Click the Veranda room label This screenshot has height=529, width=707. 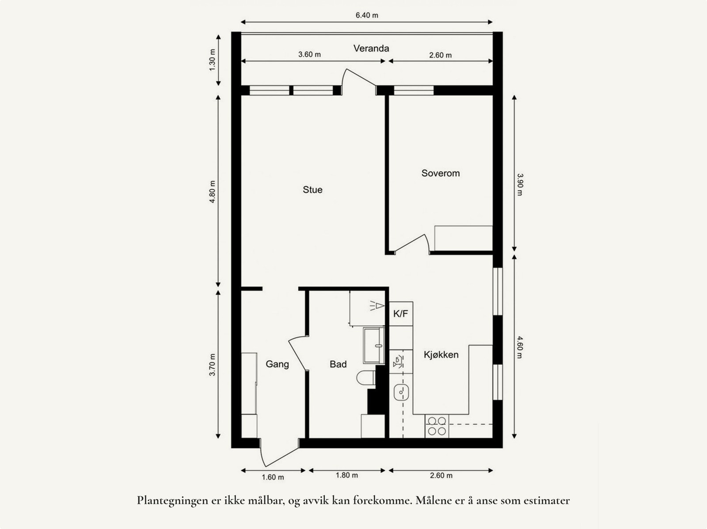click(371, 49)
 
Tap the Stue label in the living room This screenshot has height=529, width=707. click(312, 190)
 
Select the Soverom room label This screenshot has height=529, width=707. click(440, 173)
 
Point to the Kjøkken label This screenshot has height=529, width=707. click(441, 355)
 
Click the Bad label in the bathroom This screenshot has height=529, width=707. click(338, 364)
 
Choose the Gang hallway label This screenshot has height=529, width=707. click(277, 364)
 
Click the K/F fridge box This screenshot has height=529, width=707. click(401, 314)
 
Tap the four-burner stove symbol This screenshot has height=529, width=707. click(437, 426)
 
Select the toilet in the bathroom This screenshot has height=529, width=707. click(365, 378)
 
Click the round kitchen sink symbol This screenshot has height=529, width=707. click(401, 392)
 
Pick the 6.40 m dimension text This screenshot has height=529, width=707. click(367, 15)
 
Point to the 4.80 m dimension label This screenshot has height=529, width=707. click(212, 191)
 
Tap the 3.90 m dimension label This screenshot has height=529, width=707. click(520, 184)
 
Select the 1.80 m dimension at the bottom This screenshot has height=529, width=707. click(347, 476)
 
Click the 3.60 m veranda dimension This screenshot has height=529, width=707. click(309, 55)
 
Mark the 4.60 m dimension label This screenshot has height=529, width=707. click(520, 347)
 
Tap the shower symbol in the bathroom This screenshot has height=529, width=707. click(376, 305)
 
